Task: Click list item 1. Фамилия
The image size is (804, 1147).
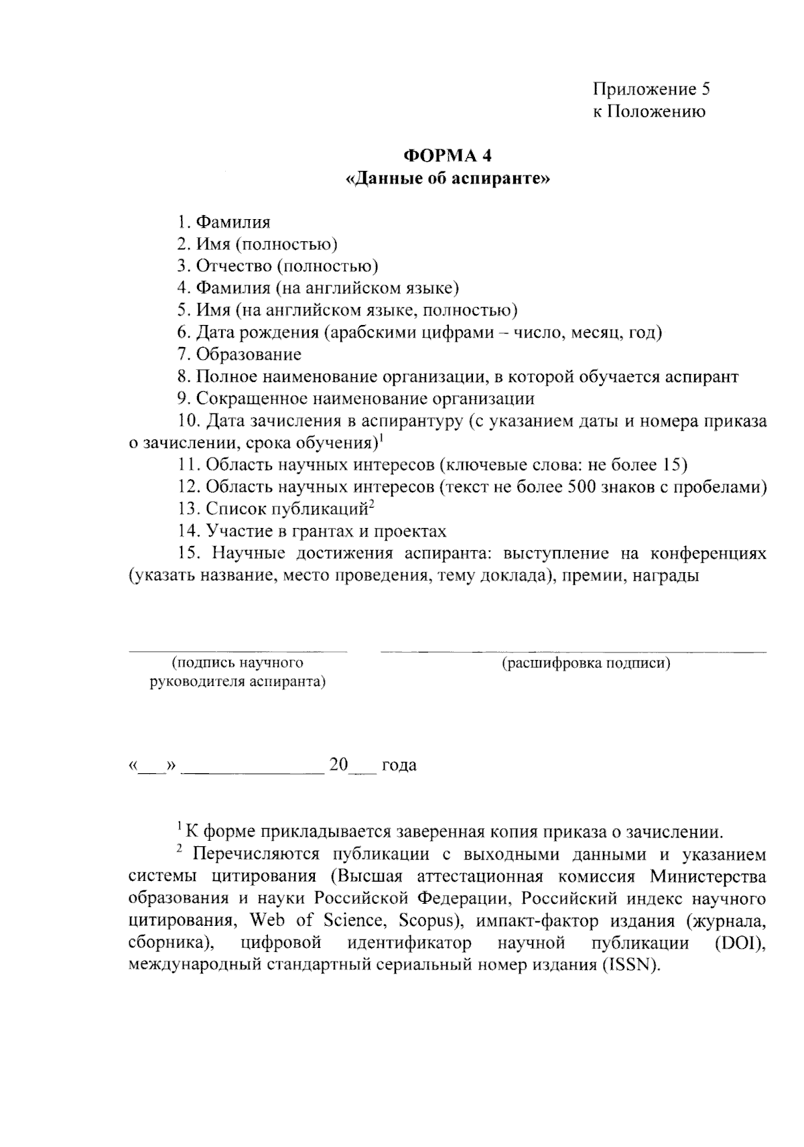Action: tap(224, 222)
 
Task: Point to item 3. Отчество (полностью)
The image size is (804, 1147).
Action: tap(277, 266)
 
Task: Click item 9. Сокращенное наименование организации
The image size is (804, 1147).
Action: tap(356, 399)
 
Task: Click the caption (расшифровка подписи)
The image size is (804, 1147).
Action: tap(586, 664)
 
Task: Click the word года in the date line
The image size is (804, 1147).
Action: tap(399, 765)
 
